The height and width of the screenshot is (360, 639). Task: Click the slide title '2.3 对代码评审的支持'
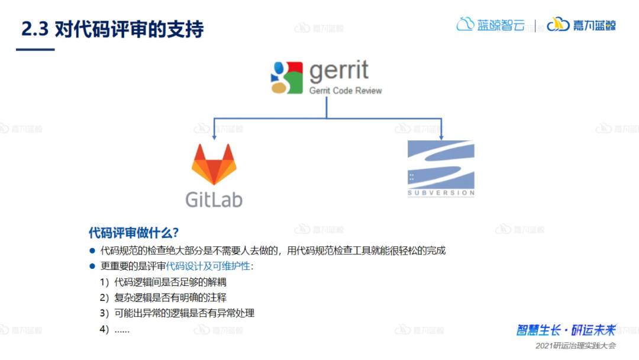(x=112, y=30)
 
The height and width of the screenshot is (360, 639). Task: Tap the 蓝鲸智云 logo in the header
(x=490, y=25)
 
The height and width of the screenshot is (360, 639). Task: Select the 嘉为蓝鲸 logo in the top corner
(x=581, y=25)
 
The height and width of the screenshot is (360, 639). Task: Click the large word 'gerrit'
(x=339, y=71)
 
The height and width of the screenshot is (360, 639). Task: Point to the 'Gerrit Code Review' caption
(x=346, y=91)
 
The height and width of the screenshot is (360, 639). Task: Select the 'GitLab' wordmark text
(x=214, y=199)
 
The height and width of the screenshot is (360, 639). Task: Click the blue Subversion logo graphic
(x=441, y=162)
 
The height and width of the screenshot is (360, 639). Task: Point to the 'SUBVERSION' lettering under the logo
(x=441, y=193)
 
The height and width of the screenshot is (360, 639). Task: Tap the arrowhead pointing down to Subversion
(x=441, y=136)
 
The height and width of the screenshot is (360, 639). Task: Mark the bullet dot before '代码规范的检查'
(x=92, y=250)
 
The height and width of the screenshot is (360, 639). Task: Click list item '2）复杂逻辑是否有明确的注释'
(x=163, y=297)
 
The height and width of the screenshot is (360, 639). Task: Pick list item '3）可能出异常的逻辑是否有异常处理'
(x=176, y=313)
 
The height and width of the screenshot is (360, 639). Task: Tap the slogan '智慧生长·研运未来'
(x=566, y=330)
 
